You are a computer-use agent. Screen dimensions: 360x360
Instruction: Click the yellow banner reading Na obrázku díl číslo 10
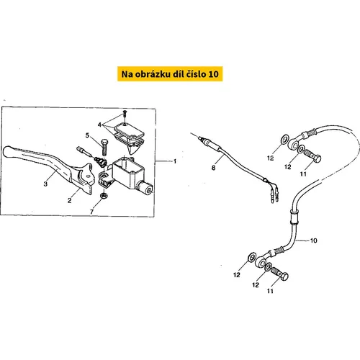coord(170,74)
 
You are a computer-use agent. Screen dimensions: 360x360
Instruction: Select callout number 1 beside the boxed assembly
coord(175,161)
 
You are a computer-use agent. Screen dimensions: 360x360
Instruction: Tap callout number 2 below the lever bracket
coord(69,200)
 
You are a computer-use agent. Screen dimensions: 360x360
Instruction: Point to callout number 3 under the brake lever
coord(45,184)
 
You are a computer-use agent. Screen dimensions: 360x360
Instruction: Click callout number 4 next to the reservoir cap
coord(99,125)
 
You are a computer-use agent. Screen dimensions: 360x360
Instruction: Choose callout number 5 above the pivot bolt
coord(87,135)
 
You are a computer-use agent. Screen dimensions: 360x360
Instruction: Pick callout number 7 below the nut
coord(91,212)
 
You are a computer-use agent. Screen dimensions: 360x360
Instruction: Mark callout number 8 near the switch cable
coord(213,168)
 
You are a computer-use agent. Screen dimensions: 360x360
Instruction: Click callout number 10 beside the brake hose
coord(314,240)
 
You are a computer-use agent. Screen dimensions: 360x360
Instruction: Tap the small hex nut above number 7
coord(104,196)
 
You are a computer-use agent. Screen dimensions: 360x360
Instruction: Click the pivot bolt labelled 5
coord(104,147)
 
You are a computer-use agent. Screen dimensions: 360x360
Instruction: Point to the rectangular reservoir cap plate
coord(129,130)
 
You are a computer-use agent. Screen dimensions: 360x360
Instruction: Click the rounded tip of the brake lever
coord(7,152)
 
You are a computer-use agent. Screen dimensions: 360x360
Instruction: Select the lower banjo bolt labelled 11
coord(280,274)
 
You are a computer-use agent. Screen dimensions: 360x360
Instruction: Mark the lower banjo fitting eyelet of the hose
coord(260,261)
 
